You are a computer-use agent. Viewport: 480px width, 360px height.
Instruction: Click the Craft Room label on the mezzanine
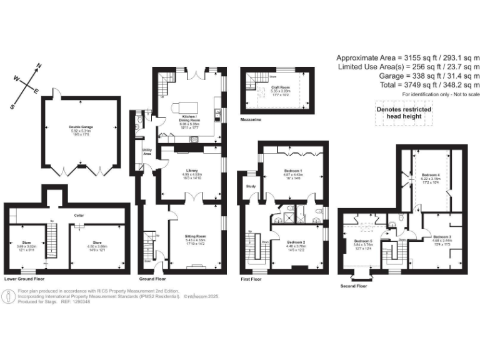click(278, 88)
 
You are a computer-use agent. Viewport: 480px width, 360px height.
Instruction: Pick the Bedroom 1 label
click(292, 171)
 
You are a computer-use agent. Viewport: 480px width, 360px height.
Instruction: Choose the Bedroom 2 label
click(296, 241)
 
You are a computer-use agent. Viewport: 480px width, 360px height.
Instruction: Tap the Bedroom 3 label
click(442, 237)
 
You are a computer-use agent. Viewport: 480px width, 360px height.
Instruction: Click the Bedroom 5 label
click(363, 241)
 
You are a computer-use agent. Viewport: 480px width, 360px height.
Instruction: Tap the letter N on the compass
click(39, 66)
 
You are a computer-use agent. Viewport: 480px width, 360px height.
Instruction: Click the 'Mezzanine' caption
click(252, 117)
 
